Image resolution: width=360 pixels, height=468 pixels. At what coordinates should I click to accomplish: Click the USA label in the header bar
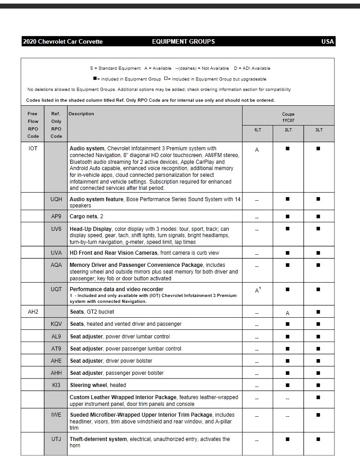point(328,41)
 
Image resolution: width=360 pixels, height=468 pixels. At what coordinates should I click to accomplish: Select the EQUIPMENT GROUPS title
point(183,41)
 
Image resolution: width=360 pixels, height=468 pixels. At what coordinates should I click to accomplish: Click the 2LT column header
point(288,130)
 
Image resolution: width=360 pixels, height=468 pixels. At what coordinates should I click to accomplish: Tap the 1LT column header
point(257,130)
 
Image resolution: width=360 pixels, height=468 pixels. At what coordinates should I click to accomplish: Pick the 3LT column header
point(319,130)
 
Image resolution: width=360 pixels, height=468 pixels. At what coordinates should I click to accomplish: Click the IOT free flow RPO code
point(33,148)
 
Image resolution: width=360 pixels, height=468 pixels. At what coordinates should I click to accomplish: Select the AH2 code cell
point(33,311)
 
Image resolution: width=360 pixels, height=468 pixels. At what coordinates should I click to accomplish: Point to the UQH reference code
point(56,199)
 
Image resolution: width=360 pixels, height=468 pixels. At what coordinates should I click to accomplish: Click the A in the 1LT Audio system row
point(257,150)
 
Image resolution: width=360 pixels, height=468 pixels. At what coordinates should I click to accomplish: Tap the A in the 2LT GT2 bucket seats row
point(288,313)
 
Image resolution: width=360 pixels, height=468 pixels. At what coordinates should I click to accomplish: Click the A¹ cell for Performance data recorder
point(258,291)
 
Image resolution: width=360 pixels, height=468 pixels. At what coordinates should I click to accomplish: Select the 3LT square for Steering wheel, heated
point(319,385)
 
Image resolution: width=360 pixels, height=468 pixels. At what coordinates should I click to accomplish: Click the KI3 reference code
point(56,385)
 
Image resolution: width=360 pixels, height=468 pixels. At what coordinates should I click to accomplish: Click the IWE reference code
point(56,414)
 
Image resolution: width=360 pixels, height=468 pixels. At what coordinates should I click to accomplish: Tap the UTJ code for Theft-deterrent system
point(56,439)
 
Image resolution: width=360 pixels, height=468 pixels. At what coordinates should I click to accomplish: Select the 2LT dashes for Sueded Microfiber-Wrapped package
point(288,416)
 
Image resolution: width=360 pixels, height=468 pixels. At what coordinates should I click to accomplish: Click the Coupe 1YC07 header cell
point(288,117)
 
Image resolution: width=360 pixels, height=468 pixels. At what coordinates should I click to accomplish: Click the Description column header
point(81,114)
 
